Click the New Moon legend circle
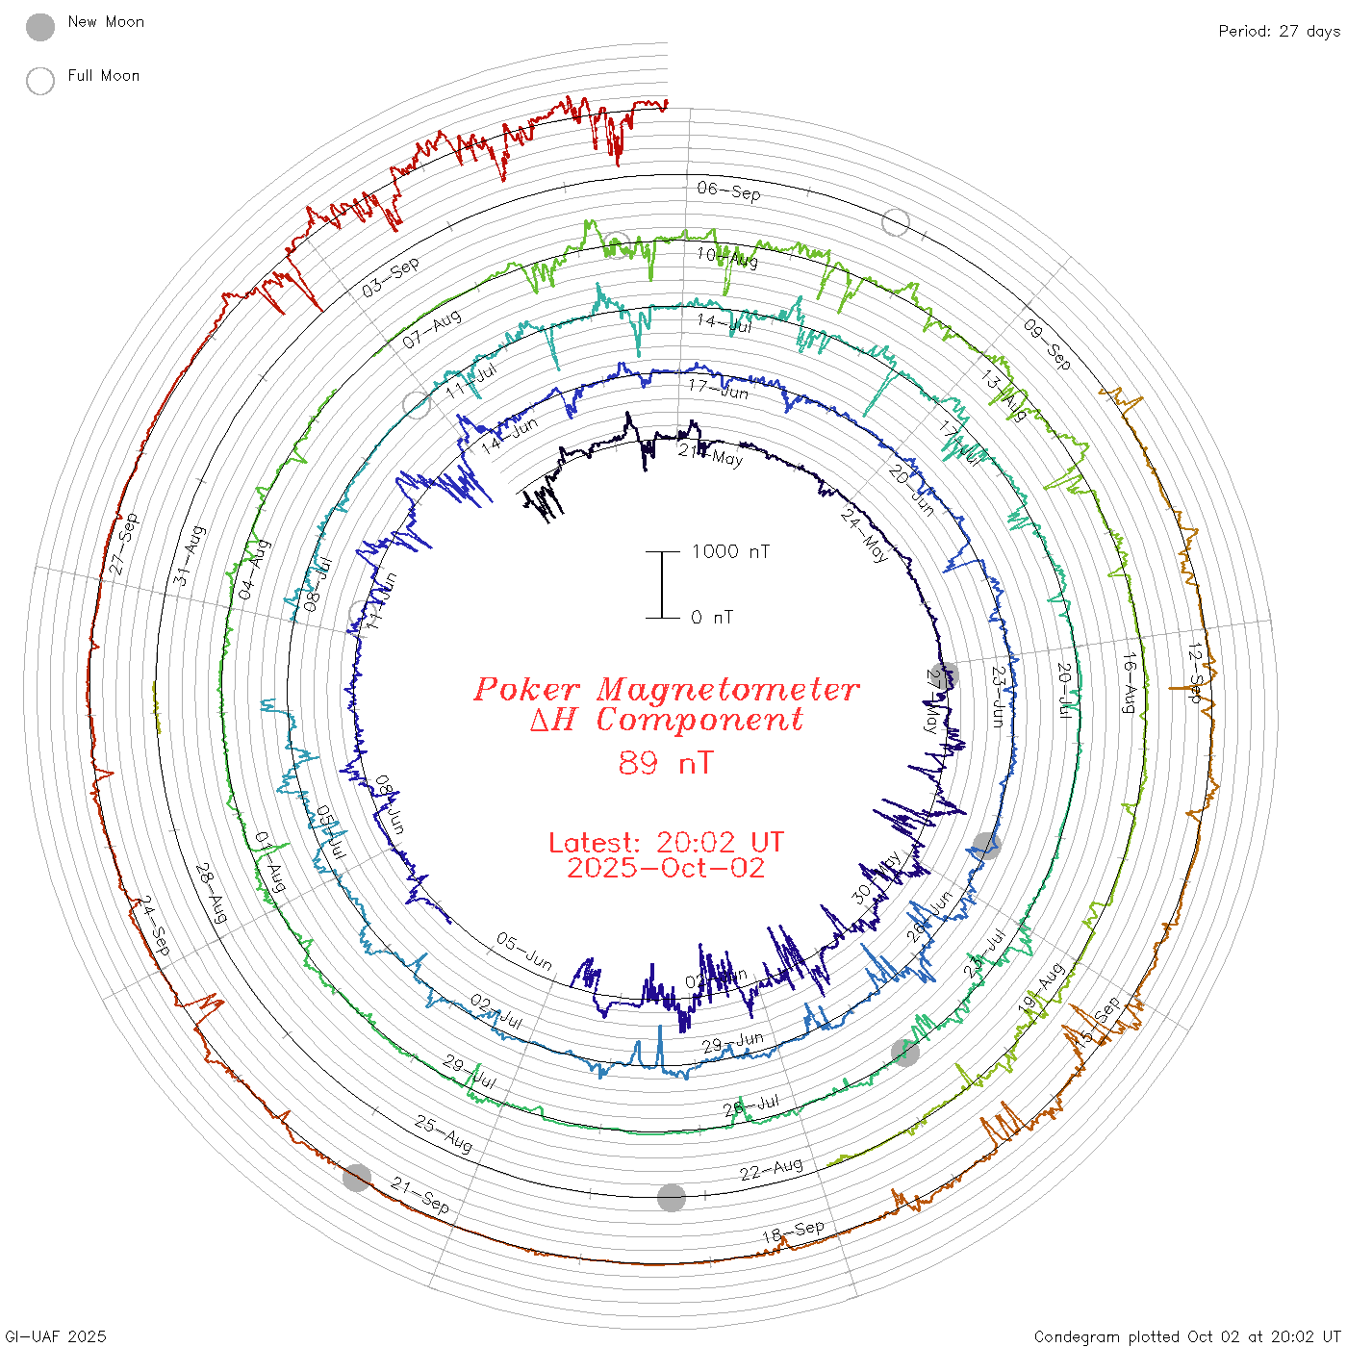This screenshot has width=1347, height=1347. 40,27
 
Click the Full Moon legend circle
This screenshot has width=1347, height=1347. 40,81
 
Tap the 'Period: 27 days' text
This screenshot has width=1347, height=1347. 1279,32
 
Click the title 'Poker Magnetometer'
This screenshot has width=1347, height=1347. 666,689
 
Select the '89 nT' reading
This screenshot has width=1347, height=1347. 666,763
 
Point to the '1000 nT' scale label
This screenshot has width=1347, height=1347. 730,551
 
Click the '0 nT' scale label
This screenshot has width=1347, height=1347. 712,618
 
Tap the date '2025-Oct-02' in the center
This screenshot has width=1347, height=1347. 666,868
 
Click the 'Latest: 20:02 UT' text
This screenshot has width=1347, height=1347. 666,843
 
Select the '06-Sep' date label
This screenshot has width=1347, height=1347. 728,191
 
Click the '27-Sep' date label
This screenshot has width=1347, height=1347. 124,545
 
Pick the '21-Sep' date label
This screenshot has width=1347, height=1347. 420,1195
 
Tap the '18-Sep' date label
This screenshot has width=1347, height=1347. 793,1232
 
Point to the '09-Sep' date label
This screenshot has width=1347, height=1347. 1047,344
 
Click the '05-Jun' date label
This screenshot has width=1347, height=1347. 524,951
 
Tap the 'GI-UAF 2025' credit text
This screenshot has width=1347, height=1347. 56,1336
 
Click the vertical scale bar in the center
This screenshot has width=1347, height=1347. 662,584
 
